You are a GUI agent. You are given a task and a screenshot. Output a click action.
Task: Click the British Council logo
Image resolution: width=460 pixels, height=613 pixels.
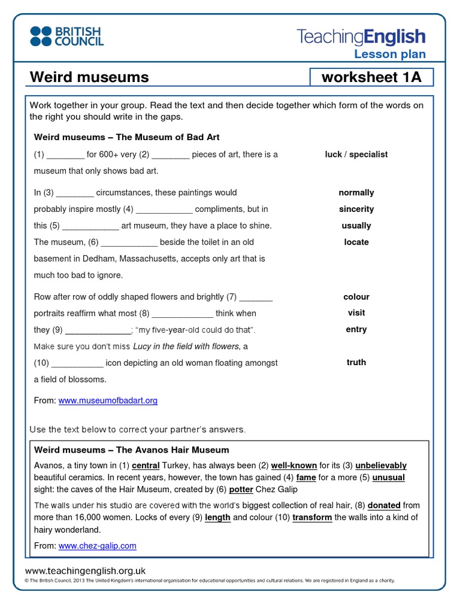66,36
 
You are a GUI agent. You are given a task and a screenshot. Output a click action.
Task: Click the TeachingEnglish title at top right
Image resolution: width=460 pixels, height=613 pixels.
361,37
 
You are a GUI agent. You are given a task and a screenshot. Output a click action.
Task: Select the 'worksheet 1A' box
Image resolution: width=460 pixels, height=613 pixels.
370,77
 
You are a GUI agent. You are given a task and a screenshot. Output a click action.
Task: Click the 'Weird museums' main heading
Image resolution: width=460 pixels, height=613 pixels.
89,77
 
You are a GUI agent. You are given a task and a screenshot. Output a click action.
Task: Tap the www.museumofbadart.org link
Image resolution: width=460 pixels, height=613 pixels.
108,400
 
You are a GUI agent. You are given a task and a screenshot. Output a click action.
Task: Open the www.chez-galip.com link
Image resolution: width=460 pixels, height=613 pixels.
98,545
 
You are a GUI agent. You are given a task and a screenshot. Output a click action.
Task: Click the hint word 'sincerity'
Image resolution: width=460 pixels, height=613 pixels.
356,209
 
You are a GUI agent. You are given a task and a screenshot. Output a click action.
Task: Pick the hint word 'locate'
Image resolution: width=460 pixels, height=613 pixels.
356,242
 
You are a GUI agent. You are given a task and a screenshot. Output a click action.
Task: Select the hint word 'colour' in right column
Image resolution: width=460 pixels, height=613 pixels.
356,296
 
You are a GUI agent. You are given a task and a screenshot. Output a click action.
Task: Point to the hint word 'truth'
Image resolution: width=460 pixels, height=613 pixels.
356,362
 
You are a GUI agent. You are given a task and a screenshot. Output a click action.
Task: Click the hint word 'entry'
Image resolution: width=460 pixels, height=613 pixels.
356,329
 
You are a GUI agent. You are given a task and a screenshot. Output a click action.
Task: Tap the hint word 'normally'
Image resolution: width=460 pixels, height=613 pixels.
356,193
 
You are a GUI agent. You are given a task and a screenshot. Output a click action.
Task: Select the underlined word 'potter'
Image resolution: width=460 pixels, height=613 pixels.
241,489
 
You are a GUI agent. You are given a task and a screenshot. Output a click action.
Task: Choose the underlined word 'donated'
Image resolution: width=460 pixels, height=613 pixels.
385,505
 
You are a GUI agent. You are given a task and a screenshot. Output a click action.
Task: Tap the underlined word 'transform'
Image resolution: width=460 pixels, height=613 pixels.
312,517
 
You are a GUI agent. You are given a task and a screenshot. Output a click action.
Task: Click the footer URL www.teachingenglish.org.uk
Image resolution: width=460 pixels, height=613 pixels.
85,571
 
